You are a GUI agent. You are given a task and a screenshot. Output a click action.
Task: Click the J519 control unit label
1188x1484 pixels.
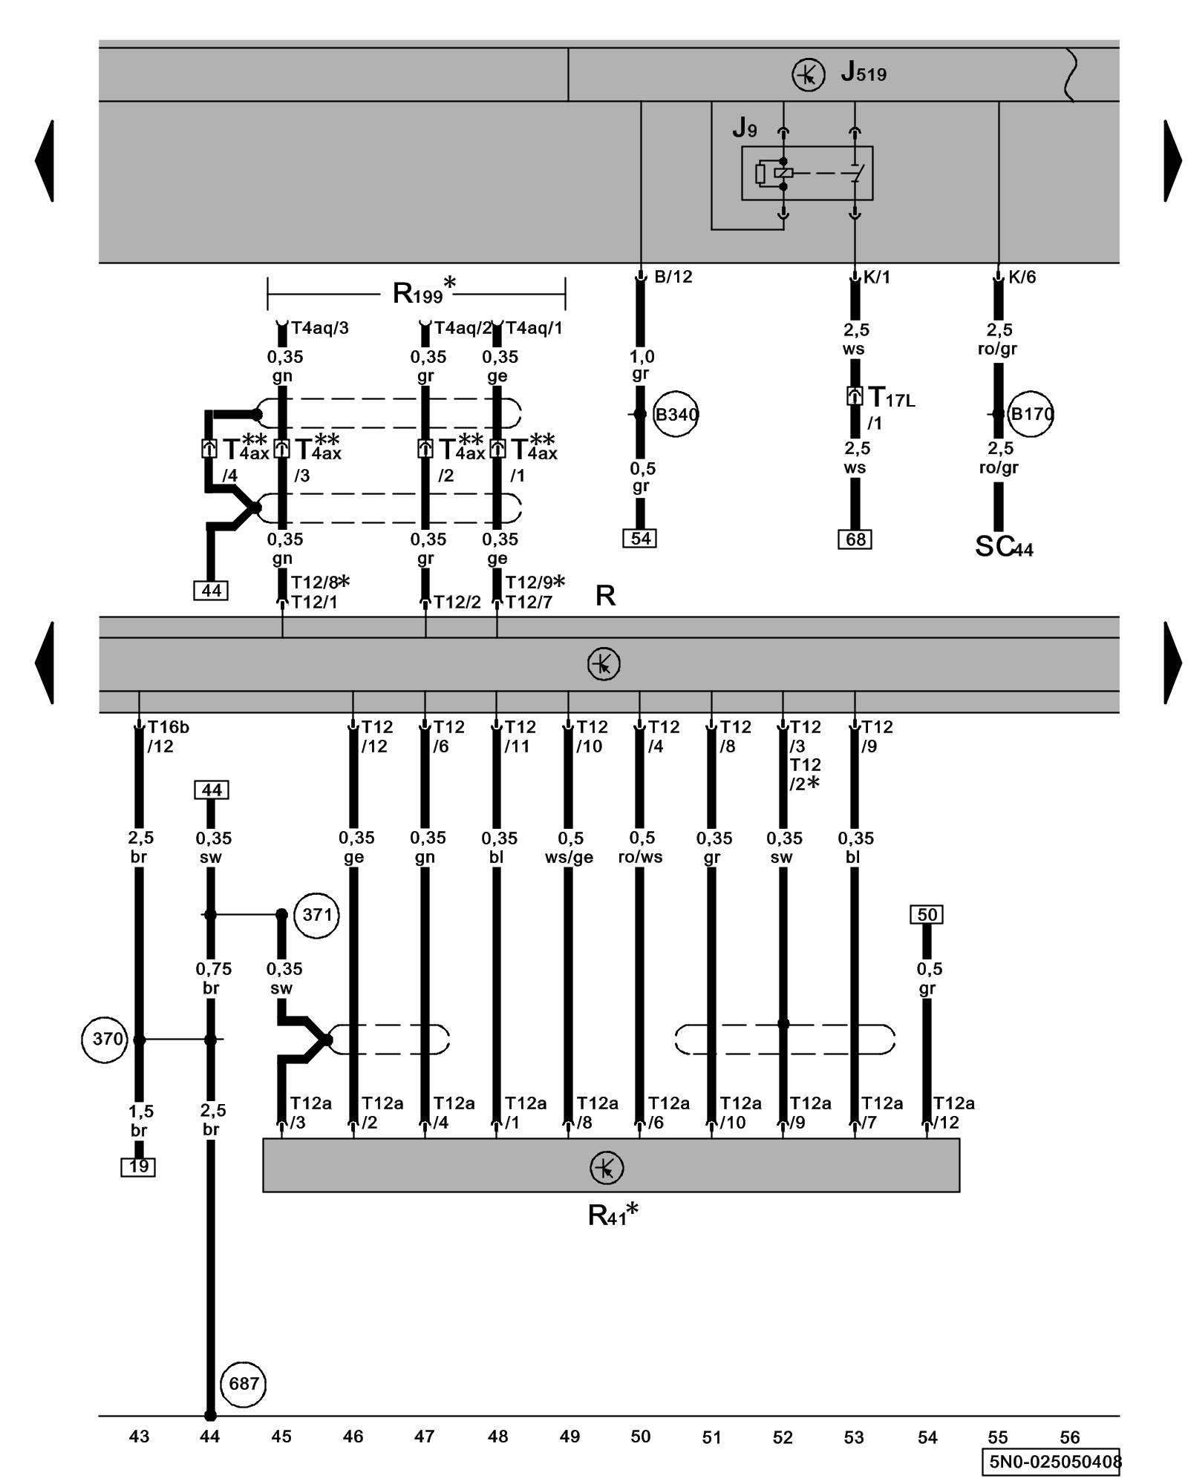(863, 73)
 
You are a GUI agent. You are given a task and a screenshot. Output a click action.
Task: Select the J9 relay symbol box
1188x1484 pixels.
(806, 173)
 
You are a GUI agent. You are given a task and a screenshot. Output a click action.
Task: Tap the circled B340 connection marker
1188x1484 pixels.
(676, 414)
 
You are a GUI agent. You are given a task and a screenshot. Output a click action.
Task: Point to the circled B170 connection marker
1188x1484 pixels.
(1031, 414)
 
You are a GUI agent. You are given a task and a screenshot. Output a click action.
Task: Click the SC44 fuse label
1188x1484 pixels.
(1003, 548)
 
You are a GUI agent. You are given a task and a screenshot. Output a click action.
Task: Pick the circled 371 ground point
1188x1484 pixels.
(317, 914)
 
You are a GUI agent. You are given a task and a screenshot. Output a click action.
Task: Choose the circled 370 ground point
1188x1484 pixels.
(105, 1039)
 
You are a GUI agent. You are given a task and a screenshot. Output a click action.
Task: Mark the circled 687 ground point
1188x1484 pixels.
(244, 1384)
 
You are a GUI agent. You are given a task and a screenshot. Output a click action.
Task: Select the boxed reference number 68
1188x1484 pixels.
(855, 539)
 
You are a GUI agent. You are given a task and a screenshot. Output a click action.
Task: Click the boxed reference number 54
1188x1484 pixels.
(640, 539)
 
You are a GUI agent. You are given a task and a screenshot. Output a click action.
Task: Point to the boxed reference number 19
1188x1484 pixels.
(138, 1167)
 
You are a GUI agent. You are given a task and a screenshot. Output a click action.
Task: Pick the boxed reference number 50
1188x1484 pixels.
(927, 915)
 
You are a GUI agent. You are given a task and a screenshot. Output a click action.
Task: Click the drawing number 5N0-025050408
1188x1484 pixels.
(1054, 1462)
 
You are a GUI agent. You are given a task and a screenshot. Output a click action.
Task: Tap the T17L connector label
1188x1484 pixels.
(891, 398)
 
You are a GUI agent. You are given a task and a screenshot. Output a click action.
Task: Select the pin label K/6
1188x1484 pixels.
(1022, 277)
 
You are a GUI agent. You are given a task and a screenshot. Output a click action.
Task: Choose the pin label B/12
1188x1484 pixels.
(673, 277)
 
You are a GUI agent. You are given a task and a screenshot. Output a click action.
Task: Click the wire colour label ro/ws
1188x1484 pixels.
(640, 857)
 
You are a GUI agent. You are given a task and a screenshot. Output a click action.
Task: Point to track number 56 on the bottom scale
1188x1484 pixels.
(1069, 1437)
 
